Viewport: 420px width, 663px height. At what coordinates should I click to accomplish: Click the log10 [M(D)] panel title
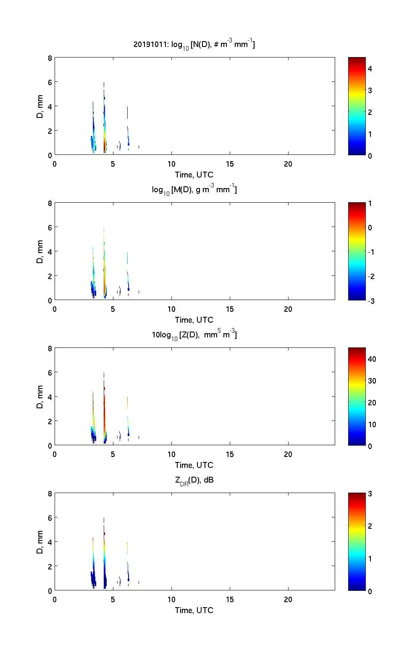click(194, 190)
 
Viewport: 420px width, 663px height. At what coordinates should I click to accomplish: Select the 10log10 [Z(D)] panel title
click(194, 335)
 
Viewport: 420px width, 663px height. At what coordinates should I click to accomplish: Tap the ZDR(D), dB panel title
click(194, 480)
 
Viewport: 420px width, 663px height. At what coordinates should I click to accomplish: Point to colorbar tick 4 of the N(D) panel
click(370, 68)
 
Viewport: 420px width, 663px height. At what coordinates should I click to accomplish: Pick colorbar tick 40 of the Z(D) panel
click(372, 359)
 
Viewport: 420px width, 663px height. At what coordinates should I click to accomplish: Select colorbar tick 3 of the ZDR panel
click(370, 494)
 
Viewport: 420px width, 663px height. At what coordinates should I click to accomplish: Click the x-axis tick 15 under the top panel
click(230, 164)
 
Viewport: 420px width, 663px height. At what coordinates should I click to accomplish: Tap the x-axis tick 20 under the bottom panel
click(288, 600)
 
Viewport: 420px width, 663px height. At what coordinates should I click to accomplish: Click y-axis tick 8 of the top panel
click(50, 58)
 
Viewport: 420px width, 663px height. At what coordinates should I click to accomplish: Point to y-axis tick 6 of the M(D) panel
click(50, 227)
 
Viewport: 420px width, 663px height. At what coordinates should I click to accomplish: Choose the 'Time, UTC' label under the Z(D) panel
click(194, 465)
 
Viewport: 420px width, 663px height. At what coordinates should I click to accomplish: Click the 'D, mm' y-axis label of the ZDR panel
click(40, 542)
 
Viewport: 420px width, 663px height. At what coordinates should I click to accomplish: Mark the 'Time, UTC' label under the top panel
click(194, 175)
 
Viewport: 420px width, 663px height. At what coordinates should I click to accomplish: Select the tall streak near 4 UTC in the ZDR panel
click(104, 554)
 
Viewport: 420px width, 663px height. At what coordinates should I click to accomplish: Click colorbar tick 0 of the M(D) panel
click(370, 228)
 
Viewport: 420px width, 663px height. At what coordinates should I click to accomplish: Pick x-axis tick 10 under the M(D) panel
click(171, 309)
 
